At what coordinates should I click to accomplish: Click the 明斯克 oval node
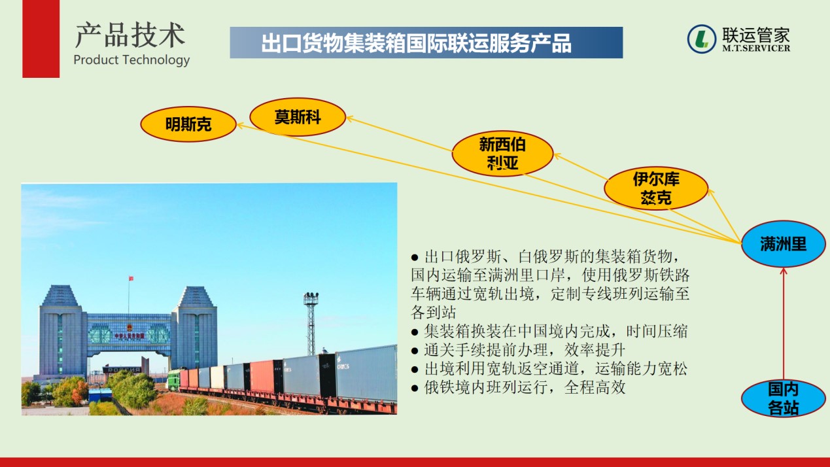point(188,124)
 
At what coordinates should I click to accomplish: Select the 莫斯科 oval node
point(298,117)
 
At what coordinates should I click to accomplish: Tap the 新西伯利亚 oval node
point(502,154)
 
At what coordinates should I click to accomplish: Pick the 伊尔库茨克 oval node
point(656,188)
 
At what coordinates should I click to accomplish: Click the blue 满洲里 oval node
point(784,244)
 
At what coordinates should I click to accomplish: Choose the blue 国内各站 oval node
point(783,399)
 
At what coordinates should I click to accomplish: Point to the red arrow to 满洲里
point(784,324)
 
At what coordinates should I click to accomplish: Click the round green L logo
point(702,39)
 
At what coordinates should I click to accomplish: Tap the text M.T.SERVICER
point(756,48)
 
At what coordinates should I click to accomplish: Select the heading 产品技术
point(130,35)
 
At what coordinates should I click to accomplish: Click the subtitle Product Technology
point(131,60)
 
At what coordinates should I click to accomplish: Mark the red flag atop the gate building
point(131,279)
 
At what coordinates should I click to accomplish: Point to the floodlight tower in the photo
point(311,323)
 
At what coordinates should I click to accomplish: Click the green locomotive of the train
point(174,379)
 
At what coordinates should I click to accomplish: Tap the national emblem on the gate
point(130,328)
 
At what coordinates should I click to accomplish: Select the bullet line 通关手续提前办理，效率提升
point(518,350)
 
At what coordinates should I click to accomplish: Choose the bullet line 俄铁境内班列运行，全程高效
point(518,387)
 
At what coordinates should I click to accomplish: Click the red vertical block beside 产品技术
point(41,39)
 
